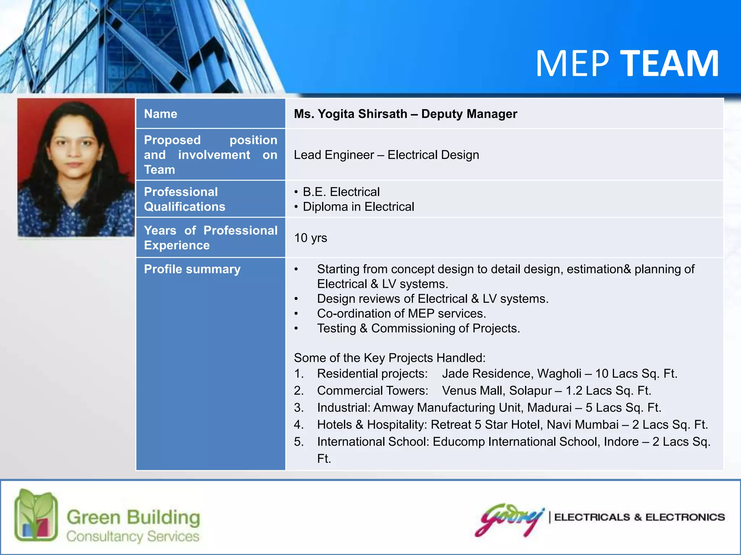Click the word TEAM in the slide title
click(x=669, y=64)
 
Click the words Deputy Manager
click(x=469, y=114)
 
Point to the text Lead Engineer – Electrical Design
click(x=386, y=155)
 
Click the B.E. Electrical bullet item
click(x=341, y=192)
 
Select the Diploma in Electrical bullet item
click(x=358, y=207)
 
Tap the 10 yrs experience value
click(x=310, y=238)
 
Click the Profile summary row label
click(x=192, y=269)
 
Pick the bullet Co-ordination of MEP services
click(x=401, y=313)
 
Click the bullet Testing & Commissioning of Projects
click(x=418, y=328)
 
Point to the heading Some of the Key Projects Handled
click(x=389, y=358)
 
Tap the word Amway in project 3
click(x=393, y=408)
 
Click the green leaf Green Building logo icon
click(x=36, y=515)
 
